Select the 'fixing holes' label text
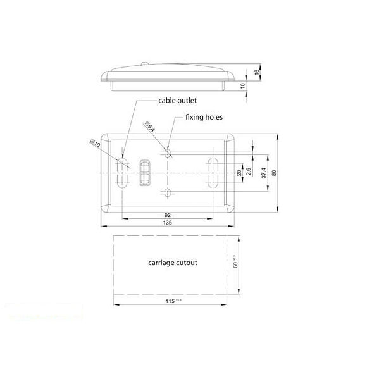tap(203, 118)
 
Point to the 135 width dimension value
tap(168, 223)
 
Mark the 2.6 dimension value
tap(249, 171)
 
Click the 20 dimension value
tap(239, 172)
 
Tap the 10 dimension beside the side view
tap(244, 85)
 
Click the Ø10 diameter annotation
tap(95, 143)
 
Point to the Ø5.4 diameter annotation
tap(149, 127)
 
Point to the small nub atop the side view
tap(144, 63)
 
